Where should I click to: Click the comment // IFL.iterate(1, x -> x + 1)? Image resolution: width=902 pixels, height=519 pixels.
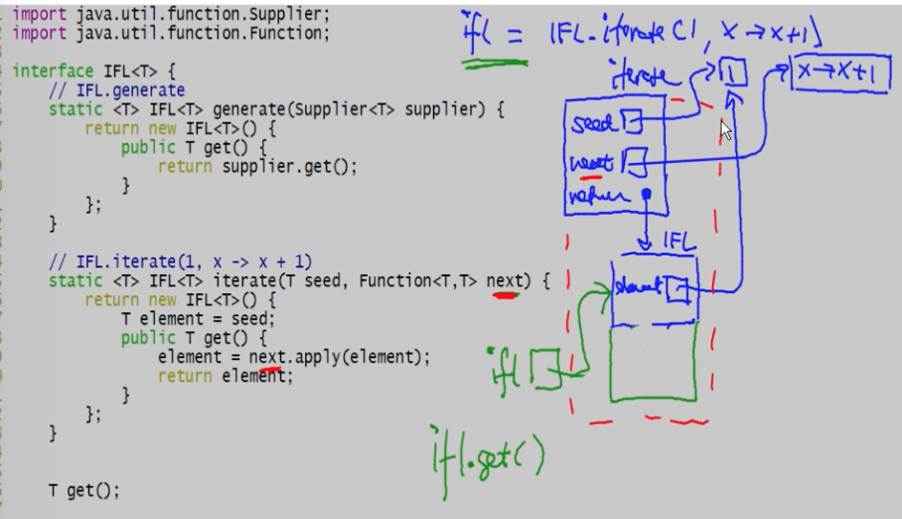point(180,261)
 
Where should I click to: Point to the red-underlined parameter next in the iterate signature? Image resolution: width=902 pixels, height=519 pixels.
point(504,281)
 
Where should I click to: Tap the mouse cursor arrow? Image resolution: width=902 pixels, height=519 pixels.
point(726,130)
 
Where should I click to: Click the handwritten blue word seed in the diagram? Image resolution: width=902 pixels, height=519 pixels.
point(594,123)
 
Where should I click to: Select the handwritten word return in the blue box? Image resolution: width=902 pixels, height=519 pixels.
point(597,194)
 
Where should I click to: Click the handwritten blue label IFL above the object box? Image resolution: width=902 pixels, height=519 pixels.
point(677,243)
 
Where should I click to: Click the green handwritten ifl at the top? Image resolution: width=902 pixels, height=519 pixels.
point(481,36)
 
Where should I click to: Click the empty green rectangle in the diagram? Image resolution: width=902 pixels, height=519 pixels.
point(652,364)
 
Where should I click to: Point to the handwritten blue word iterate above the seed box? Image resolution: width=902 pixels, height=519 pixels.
point(646,78)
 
